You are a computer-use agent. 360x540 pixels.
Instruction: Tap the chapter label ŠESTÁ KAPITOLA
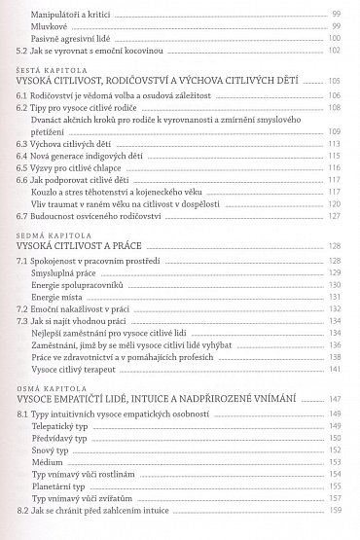coord(48,73)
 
